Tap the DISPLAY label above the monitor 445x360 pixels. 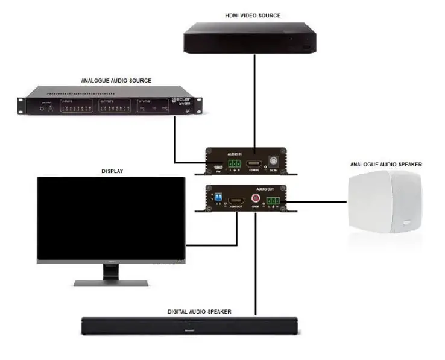click(111, 171)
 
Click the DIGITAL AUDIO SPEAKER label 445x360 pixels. click(199, 312)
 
